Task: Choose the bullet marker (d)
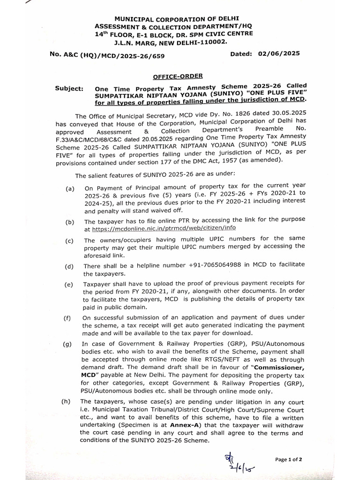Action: (70, 266)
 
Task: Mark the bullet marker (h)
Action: (67, 402)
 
